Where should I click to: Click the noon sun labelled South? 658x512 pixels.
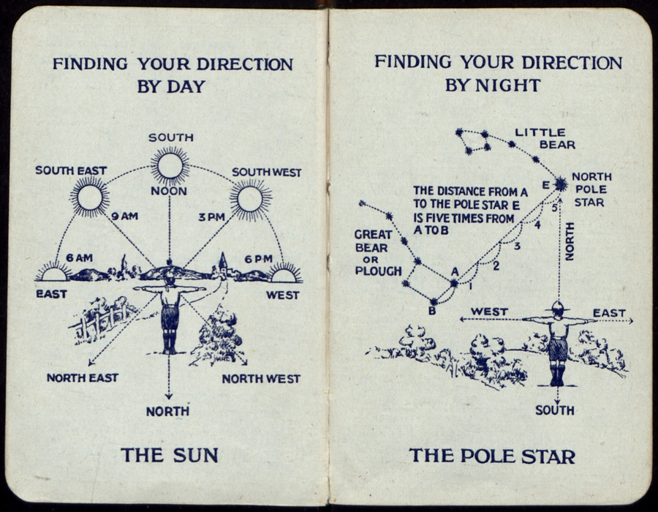click(x=170, y=166)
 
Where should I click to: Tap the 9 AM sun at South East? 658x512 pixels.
click(x=89, y=197)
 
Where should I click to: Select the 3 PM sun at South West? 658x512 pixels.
click(x=250, y=200)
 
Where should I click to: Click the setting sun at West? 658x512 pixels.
click(x=284, y=274)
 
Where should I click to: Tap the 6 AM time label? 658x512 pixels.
click(x=79, y=258)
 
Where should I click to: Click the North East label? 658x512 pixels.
click(x=82, y=377)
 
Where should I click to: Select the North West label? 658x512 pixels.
click(x=261, y=379)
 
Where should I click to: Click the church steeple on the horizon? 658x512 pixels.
click(x=223, y=263)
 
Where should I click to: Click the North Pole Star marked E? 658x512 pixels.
click(x=560, y=184)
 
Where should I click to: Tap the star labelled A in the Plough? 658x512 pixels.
click(x=454, y=283)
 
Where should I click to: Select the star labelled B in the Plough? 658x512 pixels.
click(x=434, y=302)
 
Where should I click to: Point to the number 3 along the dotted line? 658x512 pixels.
click(x=517, y=246)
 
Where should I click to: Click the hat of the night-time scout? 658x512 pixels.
click(x=558, y=306)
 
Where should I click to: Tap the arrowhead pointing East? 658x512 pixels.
click(x=631, y=321)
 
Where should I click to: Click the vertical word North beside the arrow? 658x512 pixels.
click(x=570, y=241)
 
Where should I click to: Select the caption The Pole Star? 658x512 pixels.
click(x=492, y=456)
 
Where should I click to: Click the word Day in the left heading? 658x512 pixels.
click(x=186, y=87)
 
